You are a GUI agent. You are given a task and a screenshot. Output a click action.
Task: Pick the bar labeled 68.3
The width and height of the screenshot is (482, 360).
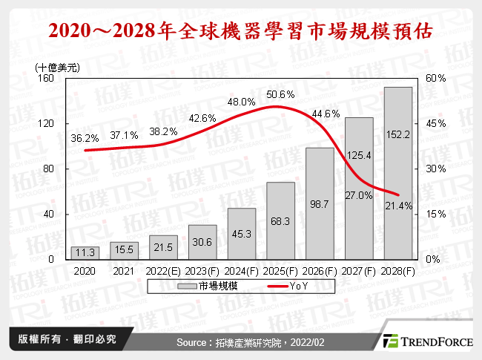point(281,220)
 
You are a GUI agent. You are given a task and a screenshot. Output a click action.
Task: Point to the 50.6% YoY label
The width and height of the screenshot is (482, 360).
point(281,94)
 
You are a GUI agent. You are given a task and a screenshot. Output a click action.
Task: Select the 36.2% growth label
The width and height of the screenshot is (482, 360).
point(85,138)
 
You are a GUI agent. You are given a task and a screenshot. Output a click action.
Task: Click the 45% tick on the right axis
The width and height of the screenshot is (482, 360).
point(435,123)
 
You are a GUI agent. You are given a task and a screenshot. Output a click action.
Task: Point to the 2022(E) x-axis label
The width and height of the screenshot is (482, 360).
point(164,272)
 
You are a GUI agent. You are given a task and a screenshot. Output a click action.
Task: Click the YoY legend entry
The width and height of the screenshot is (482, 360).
point(289,285)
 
